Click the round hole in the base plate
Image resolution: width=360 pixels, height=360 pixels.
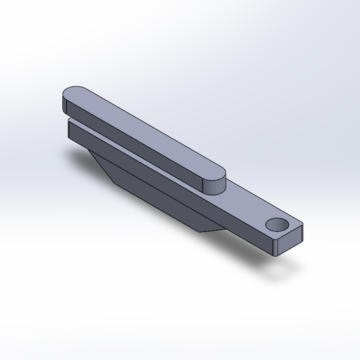tap(278, 224)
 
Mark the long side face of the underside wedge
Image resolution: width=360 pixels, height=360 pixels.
tap(160, 199)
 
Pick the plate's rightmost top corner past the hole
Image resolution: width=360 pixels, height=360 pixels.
tap(305, 226)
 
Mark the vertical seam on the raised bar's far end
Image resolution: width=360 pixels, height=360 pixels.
tap(64, 105)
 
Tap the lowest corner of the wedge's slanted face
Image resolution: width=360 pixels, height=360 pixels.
tap(115, 183)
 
